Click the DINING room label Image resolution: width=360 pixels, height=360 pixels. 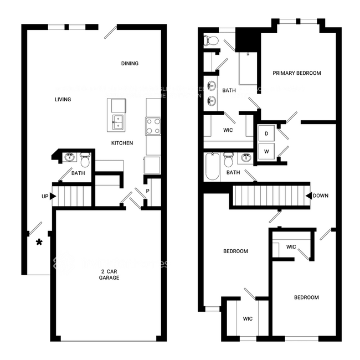[x=130, y=64]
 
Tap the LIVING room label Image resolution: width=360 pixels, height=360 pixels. [x=63, y=100]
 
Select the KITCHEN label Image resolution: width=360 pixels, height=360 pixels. [x=122, y=143]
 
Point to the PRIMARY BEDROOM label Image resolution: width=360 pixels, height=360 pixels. [x=297, y=73]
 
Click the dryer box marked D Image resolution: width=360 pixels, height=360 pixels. [x=266, y=134]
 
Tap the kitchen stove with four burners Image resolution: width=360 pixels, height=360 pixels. [x=153, y=126]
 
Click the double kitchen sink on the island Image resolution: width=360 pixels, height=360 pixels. [x=118, y=123]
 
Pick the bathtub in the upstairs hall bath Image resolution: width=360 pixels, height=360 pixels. [x=213, y=167]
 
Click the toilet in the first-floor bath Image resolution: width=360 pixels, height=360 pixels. [x=85, y=160]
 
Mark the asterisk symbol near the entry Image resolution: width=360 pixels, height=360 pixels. [x=39, y=243]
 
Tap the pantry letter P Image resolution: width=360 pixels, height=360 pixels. [x=147, y=192]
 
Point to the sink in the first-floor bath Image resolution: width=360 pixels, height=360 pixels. [x=70, y=158]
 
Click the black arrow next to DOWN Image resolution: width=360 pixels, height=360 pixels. [x=308, y=196]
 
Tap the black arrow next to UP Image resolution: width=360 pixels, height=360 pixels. [x=53, y=196]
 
